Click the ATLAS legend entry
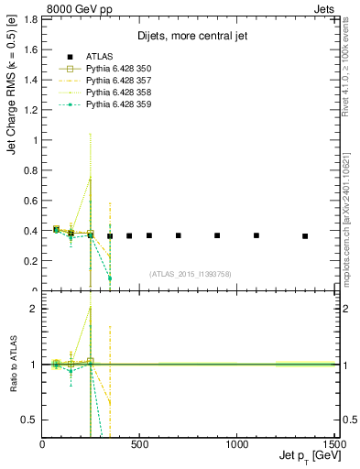click(101, 57)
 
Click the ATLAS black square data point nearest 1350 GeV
click(305, 236)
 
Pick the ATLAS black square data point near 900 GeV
click(217, 235)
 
